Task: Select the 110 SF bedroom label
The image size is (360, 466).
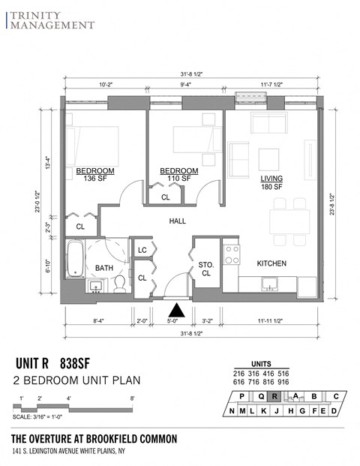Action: pos(179,175)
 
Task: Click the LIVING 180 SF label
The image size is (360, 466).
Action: pos(271,182)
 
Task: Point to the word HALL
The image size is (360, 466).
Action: pos(178,221)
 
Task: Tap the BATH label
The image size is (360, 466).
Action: pos(103,268)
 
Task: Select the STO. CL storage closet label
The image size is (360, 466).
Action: pos(205,269)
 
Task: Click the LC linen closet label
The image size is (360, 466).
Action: pos(142,251)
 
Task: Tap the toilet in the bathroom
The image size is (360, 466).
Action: pos(119,284)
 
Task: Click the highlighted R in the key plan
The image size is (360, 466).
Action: pos(275,397)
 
